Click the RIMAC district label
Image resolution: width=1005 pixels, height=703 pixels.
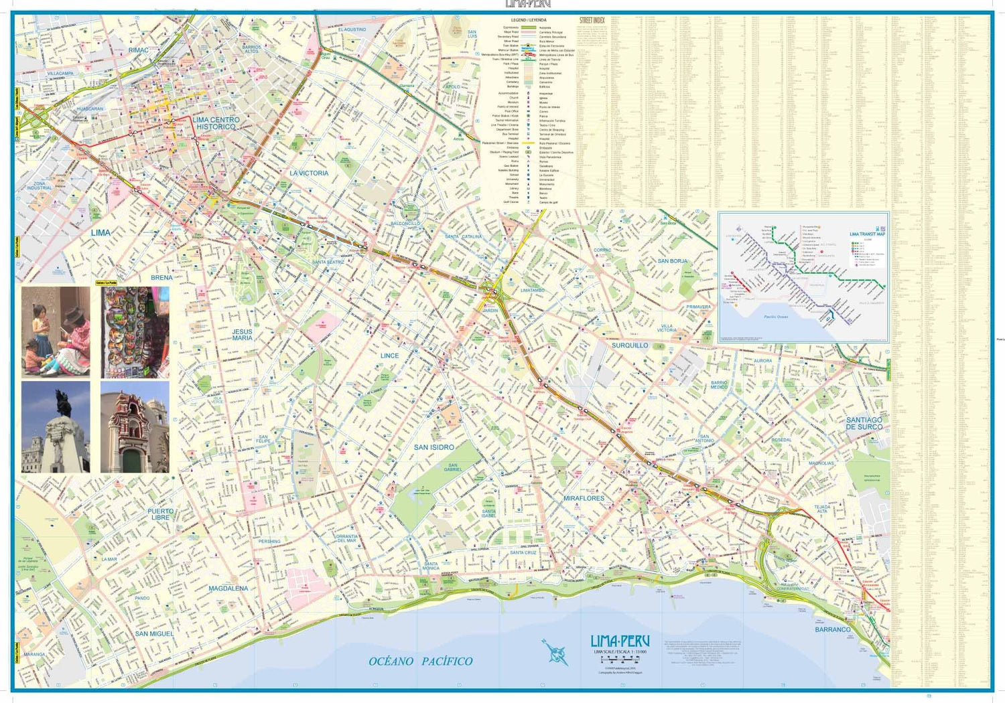[139, 50]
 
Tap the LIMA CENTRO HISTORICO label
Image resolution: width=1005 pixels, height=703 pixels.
[216, 123]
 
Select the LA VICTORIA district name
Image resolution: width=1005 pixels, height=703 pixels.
[309, 173]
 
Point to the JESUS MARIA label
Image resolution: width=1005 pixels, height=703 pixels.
[243, 335]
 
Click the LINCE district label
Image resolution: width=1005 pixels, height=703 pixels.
[389, 356]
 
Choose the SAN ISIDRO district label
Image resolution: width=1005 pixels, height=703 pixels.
[433, 447]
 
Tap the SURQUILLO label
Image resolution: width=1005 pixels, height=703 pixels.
[630, 345]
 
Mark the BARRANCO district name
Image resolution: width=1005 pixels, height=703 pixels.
[832, 630]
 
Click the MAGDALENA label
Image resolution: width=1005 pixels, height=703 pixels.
[228, 589]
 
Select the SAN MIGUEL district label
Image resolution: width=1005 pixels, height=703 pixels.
[154, 633]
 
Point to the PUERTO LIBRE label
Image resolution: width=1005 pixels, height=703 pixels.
[161, 514]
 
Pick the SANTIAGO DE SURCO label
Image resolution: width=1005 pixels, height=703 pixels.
[864, 423]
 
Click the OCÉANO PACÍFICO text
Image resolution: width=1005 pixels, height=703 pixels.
[420, 661]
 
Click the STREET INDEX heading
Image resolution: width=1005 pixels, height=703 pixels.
[592, 21]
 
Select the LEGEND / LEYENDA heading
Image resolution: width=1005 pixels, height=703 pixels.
[529, 20]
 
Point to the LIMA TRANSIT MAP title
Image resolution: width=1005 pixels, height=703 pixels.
[867, 234]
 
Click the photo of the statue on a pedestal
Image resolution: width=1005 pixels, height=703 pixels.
[56, 427]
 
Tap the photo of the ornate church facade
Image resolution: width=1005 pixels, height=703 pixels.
[135, 427]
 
